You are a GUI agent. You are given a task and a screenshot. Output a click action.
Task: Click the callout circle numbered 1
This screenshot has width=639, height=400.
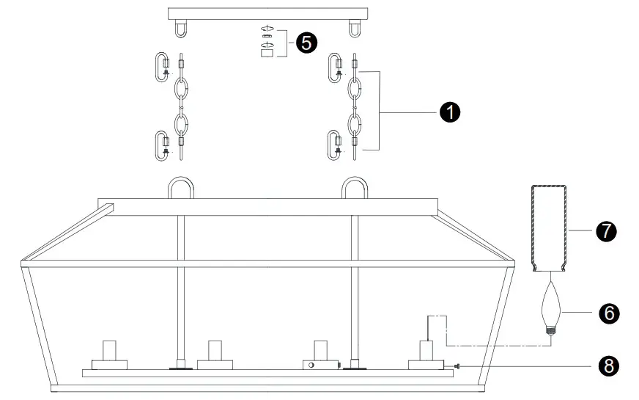coord(448,112)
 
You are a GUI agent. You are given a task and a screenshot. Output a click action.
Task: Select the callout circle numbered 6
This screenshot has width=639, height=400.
coord(608,313)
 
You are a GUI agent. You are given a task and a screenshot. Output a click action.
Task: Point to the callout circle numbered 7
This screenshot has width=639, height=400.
coord(605,232)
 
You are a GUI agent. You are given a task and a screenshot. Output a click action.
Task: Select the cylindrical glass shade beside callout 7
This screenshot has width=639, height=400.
coord(549,228)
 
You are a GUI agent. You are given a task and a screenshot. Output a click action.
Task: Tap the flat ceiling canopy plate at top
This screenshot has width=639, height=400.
coord(266,13)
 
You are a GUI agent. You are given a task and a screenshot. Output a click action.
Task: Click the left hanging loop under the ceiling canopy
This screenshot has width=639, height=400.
coord(179,28)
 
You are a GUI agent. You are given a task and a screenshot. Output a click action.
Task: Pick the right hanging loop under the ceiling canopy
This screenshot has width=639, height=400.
coord(355,28)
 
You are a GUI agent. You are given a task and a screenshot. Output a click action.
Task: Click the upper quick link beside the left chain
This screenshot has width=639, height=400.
coord(163,67)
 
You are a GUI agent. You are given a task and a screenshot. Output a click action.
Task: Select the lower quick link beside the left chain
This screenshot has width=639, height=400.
coord(163,144)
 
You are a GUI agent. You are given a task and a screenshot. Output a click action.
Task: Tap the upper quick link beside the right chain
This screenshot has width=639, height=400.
coord(336,67)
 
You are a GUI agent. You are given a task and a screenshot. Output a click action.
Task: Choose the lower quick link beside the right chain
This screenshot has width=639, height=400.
coord(336,144)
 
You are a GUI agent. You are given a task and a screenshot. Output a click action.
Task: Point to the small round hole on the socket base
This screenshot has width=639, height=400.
coord(311,365)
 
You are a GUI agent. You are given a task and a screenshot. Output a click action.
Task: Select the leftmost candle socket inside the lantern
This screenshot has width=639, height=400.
coord(109,356)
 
